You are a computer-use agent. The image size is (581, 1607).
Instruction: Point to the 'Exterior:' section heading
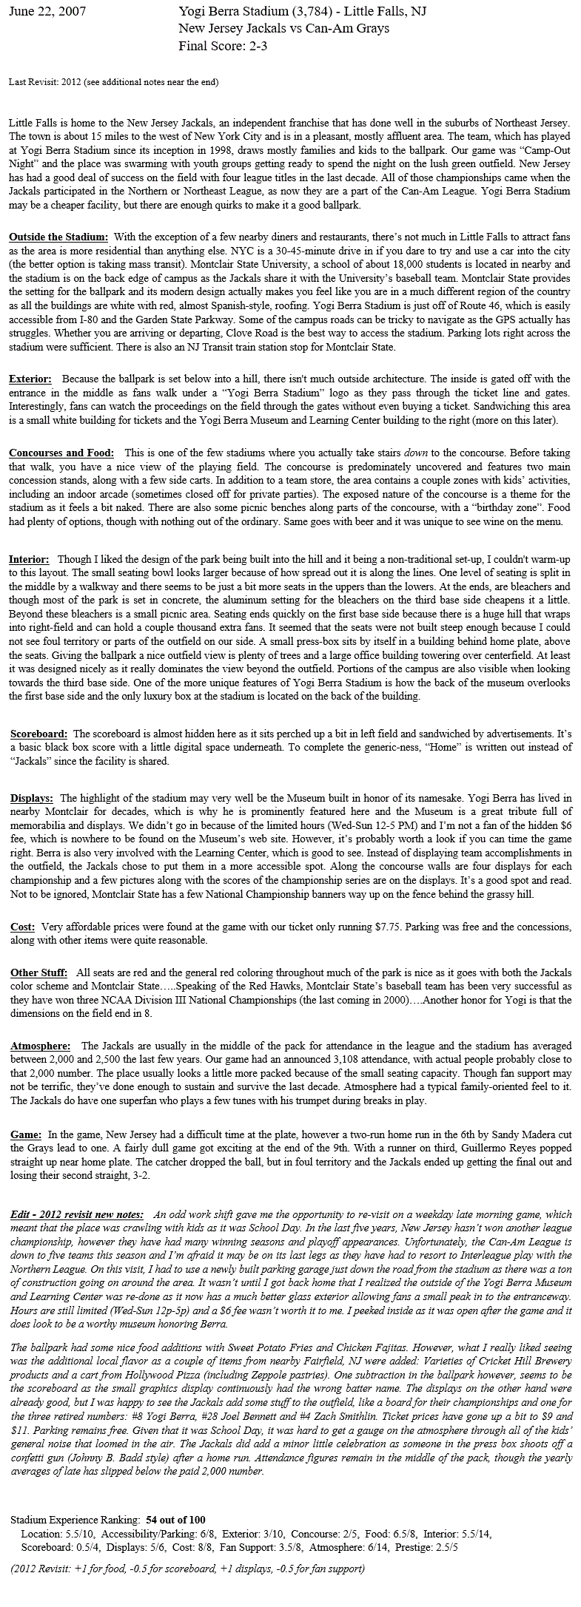point(30,379)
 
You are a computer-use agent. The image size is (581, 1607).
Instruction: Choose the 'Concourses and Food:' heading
point(61,452)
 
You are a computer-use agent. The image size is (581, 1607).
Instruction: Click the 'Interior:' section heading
point(29,559)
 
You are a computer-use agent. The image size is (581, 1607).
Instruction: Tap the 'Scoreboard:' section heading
point(39,734)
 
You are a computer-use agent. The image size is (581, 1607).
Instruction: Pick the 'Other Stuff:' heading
point(38,972)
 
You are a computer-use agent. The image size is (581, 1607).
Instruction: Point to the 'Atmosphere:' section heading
point(40,1046)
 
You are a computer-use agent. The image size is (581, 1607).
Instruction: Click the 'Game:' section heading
point(26,1134)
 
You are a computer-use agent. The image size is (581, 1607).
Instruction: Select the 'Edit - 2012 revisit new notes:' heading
point(78,1214)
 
